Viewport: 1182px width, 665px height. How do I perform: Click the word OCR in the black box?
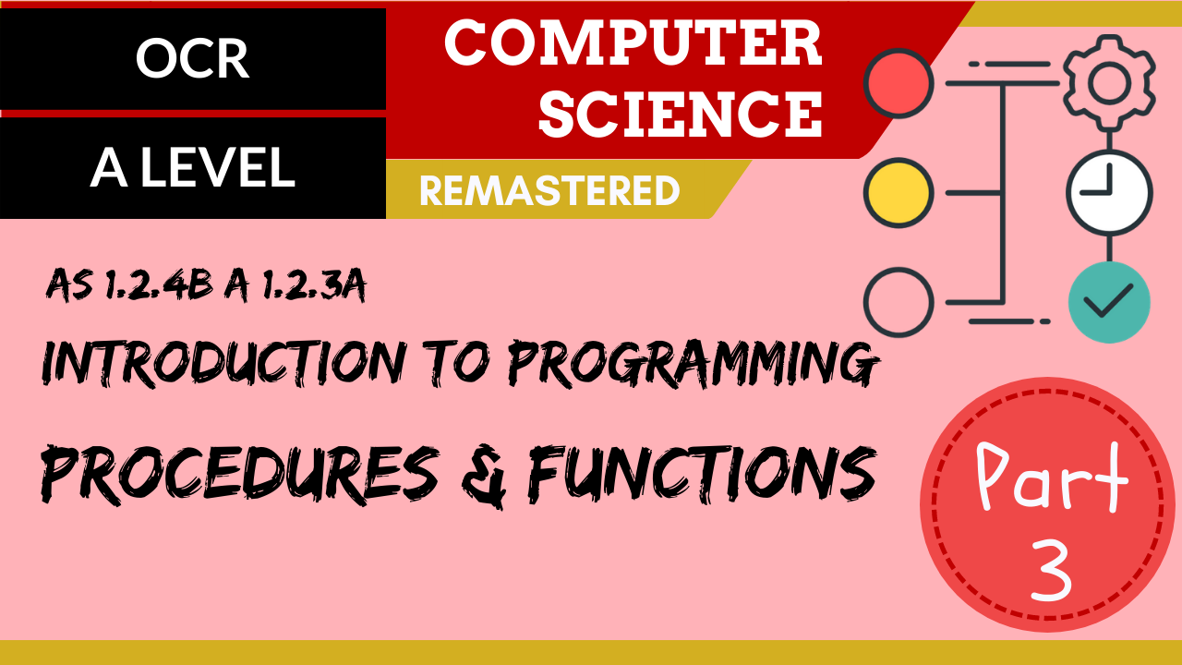point(193,58)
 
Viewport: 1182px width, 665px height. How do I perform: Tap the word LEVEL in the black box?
point(217,167)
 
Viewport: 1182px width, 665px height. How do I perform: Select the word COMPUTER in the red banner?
point(633,42)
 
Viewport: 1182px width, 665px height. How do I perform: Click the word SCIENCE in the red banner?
point(681,113)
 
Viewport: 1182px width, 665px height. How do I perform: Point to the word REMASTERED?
point(549,190)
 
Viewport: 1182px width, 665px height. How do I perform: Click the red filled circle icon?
point(899,83)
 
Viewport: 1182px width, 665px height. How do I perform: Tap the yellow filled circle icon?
point(899,193)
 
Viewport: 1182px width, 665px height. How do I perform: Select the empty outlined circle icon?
point(899,302)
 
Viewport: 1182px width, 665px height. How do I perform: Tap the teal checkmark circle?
point(1109,302)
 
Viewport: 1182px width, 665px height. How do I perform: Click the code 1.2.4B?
point(158,285)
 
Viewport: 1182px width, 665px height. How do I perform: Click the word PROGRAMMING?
point(693,364)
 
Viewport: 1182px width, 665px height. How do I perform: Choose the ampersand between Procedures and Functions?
point(484,477)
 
